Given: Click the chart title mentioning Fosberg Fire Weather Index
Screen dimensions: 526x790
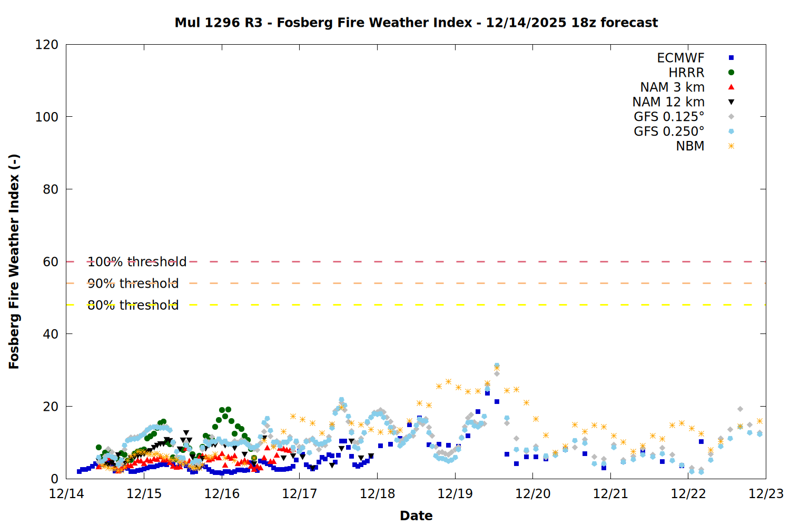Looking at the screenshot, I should click(x=416, y=23).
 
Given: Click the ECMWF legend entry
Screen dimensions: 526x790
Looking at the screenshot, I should click(x=680, y=58).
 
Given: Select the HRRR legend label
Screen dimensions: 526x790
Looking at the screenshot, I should click(x=686, y=73).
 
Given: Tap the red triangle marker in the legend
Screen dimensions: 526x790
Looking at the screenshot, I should click(x=731, y=87).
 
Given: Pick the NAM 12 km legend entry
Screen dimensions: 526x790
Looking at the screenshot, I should click(x=668, y=102).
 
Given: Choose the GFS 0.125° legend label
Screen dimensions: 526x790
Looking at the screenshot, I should click(x=669, y=117).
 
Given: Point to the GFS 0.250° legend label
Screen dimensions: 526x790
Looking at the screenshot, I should click(x=669, y=131).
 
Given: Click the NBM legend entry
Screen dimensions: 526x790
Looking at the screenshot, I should click(x=690, y=146).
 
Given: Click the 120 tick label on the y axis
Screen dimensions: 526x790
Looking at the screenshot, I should click(x=47, y=45).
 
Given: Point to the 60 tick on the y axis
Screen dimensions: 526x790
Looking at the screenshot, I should click(x=51, y=262).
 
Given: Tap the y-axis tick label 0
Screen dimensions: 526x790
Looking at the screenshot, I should click(x=54, y=479).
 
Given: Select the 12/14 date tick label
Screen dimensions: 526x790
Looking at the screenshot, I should click(x=66, y=494).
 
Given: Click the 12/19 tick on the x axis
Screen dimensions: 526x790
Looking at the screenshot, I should click(x=455, y=494).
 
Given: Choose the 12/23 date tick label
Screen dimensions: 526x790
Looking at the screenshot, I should click(x=766, y=494).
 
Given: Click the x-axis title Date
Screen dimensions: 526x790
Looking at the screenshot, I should click(x=416, y=515).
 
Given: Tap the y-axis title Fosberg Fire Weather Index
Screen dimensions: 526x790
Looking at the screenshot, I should click(x=14, y=261).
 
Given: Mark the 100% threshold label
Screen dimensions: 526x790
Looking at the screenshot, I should click(x=137, y=262).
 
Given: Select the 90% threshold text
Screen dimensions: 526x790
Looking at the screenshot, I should click(x=133, y=284).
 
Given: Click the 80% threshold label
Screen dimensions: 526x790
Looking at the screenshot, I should click(x=133, y=305).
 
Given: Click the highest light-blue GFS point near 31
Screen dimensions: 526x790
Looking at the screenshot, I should click(x=497, y=365).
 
